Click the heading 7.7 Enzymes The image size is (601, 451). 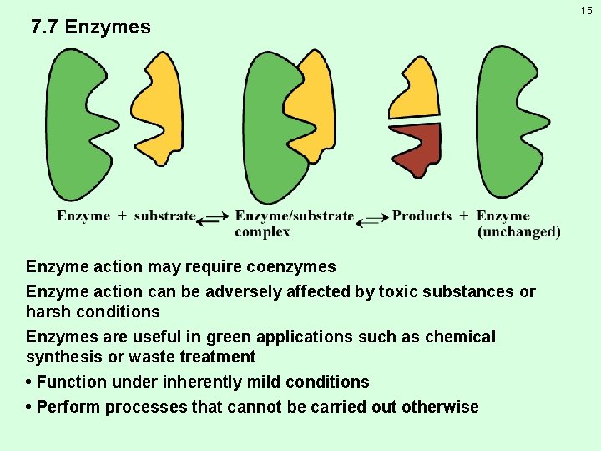[91, 27]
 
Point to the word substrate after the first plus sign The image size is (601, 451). [164, 216]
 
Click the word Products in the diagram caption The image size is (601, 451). [422, 216]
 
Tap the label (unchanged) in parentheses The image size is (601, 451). [518, 231]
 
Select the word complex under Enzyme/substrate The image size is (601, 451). [262, 231]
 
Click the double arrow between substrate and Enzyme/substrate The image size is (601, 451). [214, 218]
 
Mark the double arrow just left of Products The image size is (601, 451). [373, 218]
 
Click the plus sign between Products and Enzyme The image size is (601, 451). [464, 216]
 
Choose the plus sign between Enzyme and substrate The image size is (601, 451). [122, 216]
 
